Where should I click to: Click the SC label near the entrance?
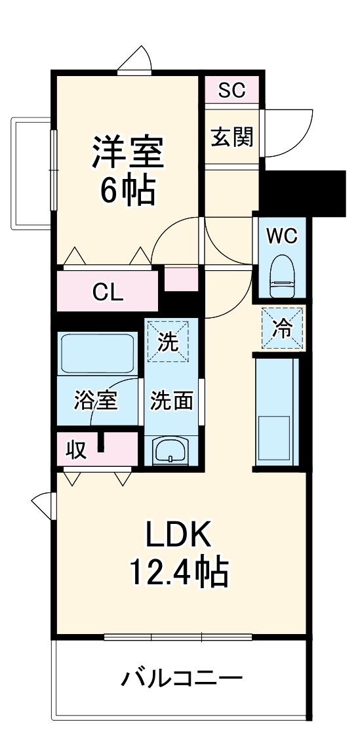[x=231, y=90]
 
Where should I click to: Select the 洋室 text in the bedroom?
[x=127, y=153]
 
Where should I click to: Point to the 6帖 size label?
[x=127, y=190]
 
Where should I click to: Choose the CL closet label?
[x=108, y=292]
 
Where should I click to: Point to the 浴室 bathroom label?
[x=96, y=401]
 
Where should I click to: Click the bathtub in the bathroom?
[x=97, y=354]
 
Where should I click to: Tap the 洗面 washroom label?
[x=172, y=401]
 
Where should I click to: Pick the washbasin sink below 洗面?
[x=171, y=451]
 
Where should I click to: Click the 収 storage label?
[x=75, y=450]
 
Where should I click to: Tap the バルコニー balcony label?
[x=182, y=677]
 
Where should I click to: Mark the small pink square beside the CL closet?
[x=180, y=278]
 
